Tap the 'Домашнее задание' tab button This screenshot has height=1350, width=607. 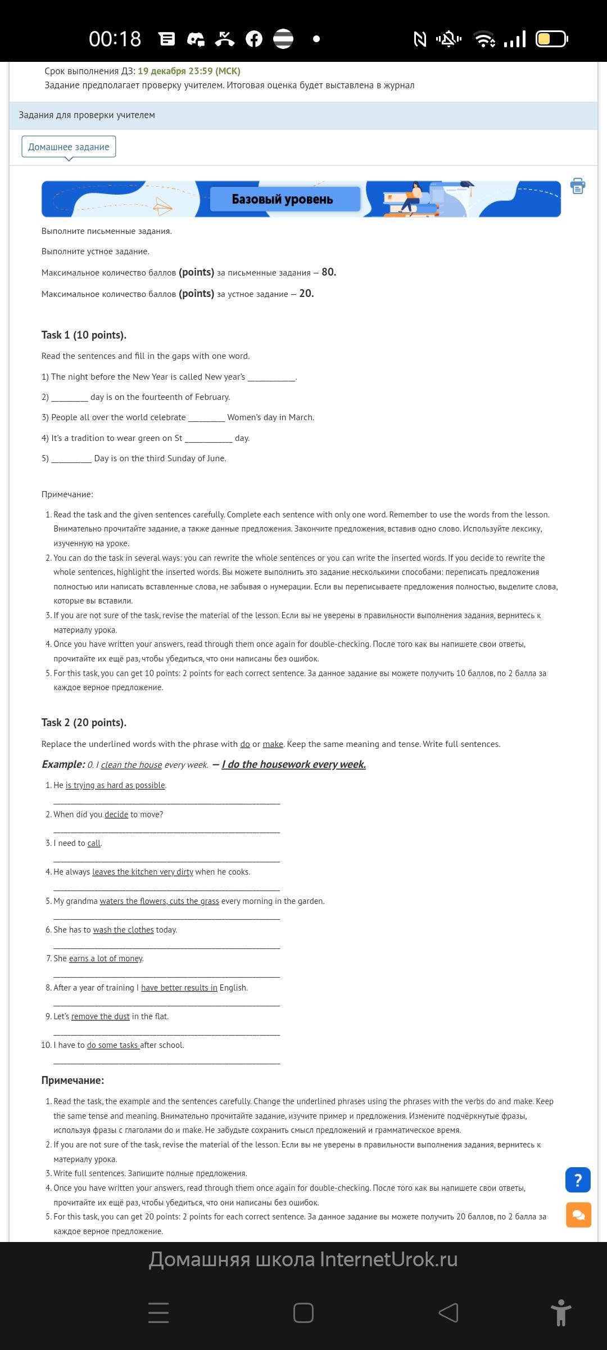(x=69, y=147)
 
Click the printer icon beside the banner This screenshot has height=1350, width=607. (x=578, y=186)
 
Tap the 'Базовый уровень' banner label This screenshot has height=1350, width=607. (x=283, y=199)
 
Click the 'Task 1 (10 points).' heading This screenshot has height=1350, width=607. (x=84, y=335)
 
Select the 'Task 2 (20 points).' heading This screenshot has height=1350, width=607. (x=84, y=722)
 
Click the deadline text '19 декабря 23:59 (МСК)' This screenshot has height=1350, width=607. (x=189, y=71)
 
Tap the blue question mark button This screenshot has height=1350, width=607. (x=578, y=1180)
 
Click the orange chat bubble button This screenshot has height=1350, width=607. (x=578, y=1215)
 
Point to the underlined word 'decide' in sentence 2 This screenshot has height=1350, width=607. (x=116, y=814)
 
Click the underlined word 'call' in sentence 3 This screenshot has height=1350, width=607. (x=94, y=843)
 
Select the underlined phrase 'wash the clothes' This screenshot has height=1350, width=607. (x=123, y=930)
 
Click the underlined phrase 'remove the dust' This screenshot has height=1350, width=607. (x=101, y=1016)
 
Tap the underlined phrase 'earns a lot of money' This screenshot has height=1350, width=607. (x=106, y=958)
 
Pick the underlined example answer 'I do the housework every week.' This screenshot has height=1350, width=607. (x=293, y=764)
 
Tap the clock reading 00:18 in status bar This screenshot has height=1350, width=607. (x=115, y=39)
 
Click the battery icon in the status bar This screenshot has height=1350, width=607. (x=551, y=39)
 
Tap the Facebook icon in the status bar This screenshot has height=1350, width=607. (x=254, y=39)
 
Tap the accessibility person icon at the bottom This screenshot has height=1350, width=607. (x=560, y=1313)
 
